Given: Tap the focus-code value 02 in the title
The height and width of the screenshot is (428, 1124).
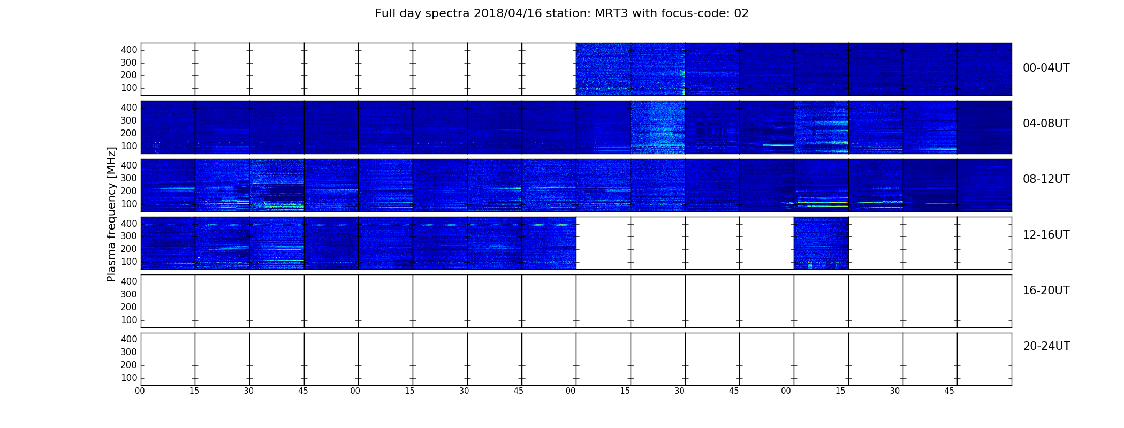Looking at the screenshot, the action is [741, 13].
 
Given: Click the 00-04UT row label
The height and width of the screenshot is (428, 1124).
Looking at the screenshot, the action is [1046, 68].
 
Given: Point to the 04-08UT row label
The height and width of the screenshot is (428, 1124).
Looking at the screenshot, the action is [1046, 124].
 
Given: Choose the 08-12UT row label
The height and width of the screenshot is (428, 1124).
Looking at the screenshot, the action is [1046, 179].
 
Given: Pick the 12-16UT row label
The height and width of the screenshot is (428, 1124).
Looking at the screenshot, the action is [1046, 235].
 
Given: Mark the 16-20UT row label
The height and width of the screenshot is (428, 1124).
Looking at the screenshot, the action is [1046, 291].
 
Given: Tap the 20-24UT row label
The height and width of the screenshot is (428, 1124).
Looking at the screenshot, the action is [1046, 346].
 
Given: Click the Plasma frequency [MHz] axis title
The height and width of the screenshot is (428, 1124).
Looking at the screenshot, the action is [111, 214].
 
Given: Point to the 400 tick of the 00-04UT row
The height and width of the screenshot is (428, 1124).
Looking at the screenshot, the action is [129, 50].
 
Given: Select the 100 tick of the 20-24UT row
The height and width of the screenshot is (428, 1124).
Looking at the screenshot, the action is [129, 378].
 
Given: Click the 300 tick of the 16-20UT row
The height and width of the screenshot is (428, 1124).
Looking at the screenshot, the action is [129, 294].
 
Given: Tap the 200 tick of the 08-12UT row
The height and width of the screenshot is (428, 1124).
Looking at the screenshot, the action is [129, 191].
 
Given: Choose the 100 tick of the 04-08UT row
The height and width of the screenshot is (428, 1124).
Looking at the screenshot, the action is [129, 146].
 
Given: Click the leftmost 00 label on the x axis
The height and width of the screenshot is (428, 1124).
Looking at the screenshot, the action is [140, 391].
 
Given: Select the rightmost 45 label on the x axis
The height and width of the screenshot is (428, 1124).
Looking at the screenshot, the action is [949, 391].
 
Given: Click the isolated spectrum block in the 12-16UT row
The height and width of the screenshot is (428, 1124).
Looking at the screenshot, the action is [821, 243].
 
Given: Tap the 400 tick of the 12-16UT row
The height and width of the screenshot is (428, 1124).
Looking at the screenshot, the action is [129, 224].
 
